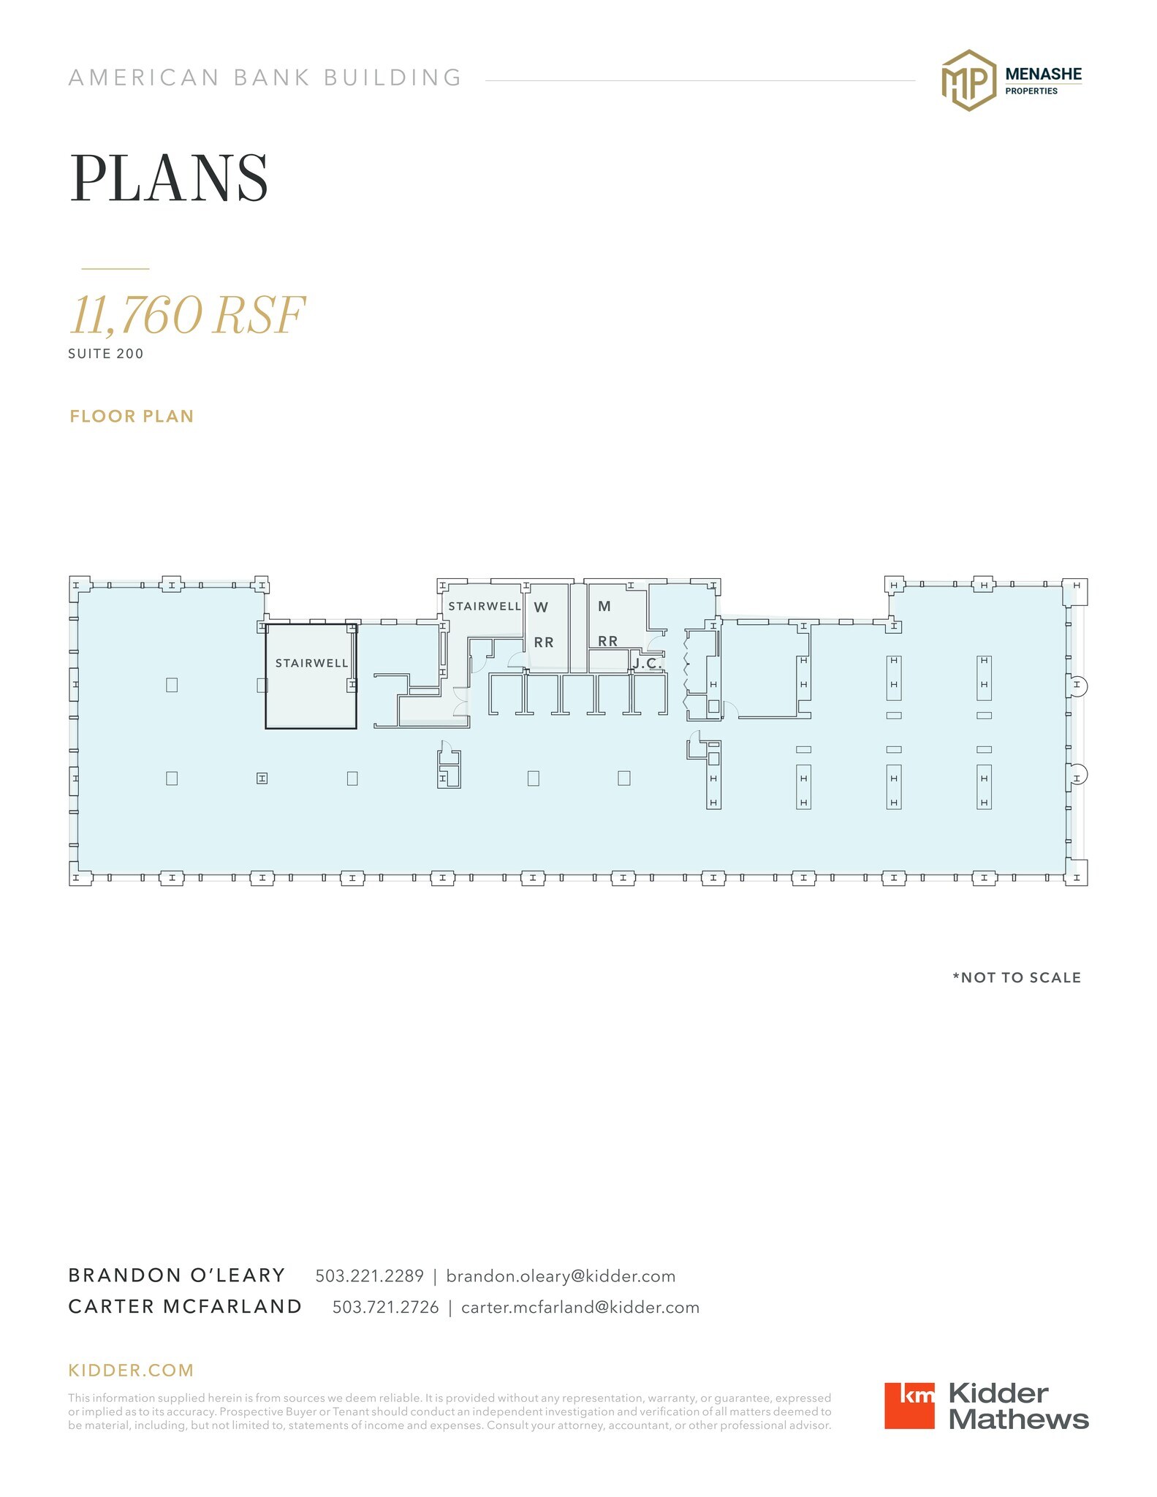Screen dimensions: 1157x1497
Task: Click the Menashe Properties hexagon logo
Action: [968, 80]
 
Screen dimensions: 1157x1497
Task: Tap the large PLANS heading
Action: [169, 178]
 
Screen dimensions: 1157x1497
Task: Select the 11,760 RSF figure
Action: [187, 316]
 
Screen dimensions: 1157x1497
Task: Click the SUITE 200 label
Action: [106, 354]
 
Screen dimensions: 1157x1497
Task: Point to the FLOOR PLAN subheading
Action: [132, 417]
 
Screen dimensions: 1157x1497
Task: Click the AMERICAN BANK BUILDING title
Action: [265, 77]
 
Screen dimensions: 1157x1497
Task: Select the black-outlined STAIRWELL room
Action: [311, 676]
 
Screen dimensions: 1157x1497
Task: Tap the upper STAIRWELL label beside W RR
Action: [485, 606]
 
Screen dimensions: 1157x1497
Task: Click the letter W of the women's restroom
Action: [541, 607]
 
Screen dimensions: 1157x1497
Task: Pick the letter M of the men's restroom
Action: [604, 606]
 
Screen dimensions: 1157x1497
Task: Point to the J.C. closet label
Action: [648, 664]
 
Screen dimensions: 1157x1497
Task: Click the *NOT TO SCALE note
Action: [1017, 978]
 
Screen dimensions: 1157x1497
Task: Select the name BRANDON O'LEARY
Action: [177, 1276]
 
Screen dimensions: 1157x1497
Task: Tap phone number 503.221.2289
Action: [369, 1276]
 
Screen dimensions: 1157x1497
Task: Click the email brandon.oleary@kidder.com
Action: [561, 1276]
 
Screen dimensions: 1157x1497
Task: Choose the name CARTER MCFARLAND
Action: [185, 1307]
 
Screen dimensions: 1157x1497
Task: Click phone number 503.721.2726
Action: [386, 1308]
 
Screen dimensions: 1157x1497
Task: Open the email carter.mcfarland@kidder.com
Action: [580, 1308]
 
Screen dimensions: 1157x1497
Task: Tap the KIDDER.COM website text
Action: [131, 1371]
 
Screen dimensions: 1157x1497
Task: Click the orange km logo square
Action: [909, 1406]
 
